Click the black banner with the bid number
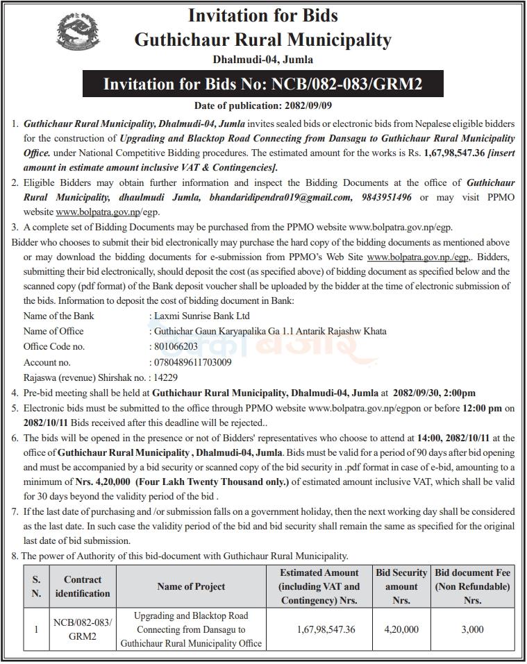click(x=262, y=85)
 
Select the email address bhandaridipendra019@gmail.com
click(x=285, y=197)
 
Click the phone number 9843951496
click(x=387, y=197)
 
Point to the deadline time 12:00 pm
click(x=483, y=407)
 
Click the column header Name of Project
click(x=191, y=586)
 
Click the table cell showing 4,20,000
click(x=401, y=629)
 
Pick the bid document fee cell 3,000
click(x=473, y=629)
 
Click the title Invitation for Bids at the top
click(x=263, y=15)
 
